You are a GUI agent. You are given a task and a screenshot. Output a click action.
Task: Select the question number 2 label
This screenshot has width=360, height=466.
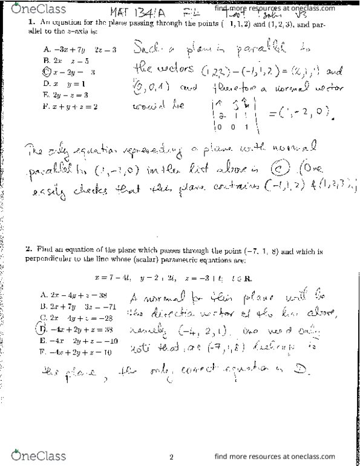click(28, 248)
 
